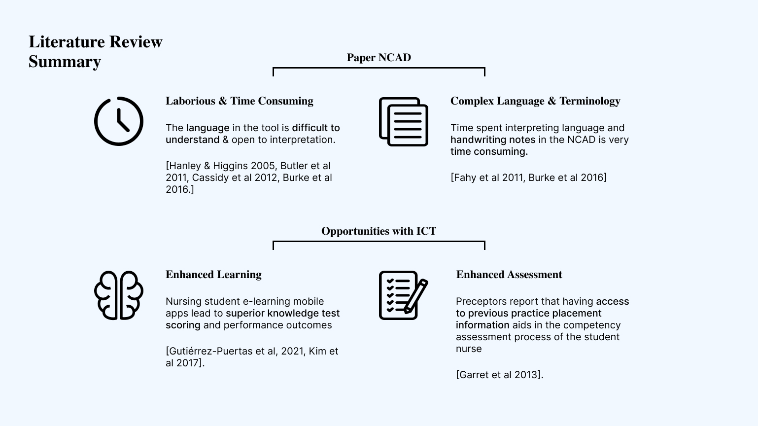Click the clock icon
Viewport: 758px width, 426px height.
coord(118,121)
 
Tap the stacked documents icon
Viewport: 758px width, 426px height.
coord(403,121)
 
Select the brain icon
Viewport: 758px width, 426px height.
coord(118,295)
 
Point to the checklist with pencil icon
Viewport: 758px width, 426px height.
coord(403,295)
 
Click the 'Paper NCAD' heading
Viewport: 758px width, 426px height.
coord(379,58)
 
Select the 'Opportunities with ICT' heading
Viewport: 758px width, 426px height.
coord(379,231)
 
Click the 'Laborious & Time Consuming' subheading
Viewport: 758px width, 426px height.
coord(239,101)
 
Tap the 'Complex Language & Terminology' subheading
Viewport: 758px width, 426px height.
coord(535,101)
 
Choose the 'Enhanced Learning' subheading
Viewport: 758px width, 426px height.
coord(213,275)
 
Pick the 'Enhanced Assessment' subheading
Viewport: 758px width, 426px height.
coord(509,275)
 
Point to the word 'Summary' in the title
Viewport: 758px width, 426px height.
coord(65,62)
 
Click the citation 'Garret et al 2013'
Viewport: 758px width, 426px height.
coord(499,375)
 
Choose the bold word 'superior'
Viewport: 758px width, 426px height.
coord(245,313)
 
